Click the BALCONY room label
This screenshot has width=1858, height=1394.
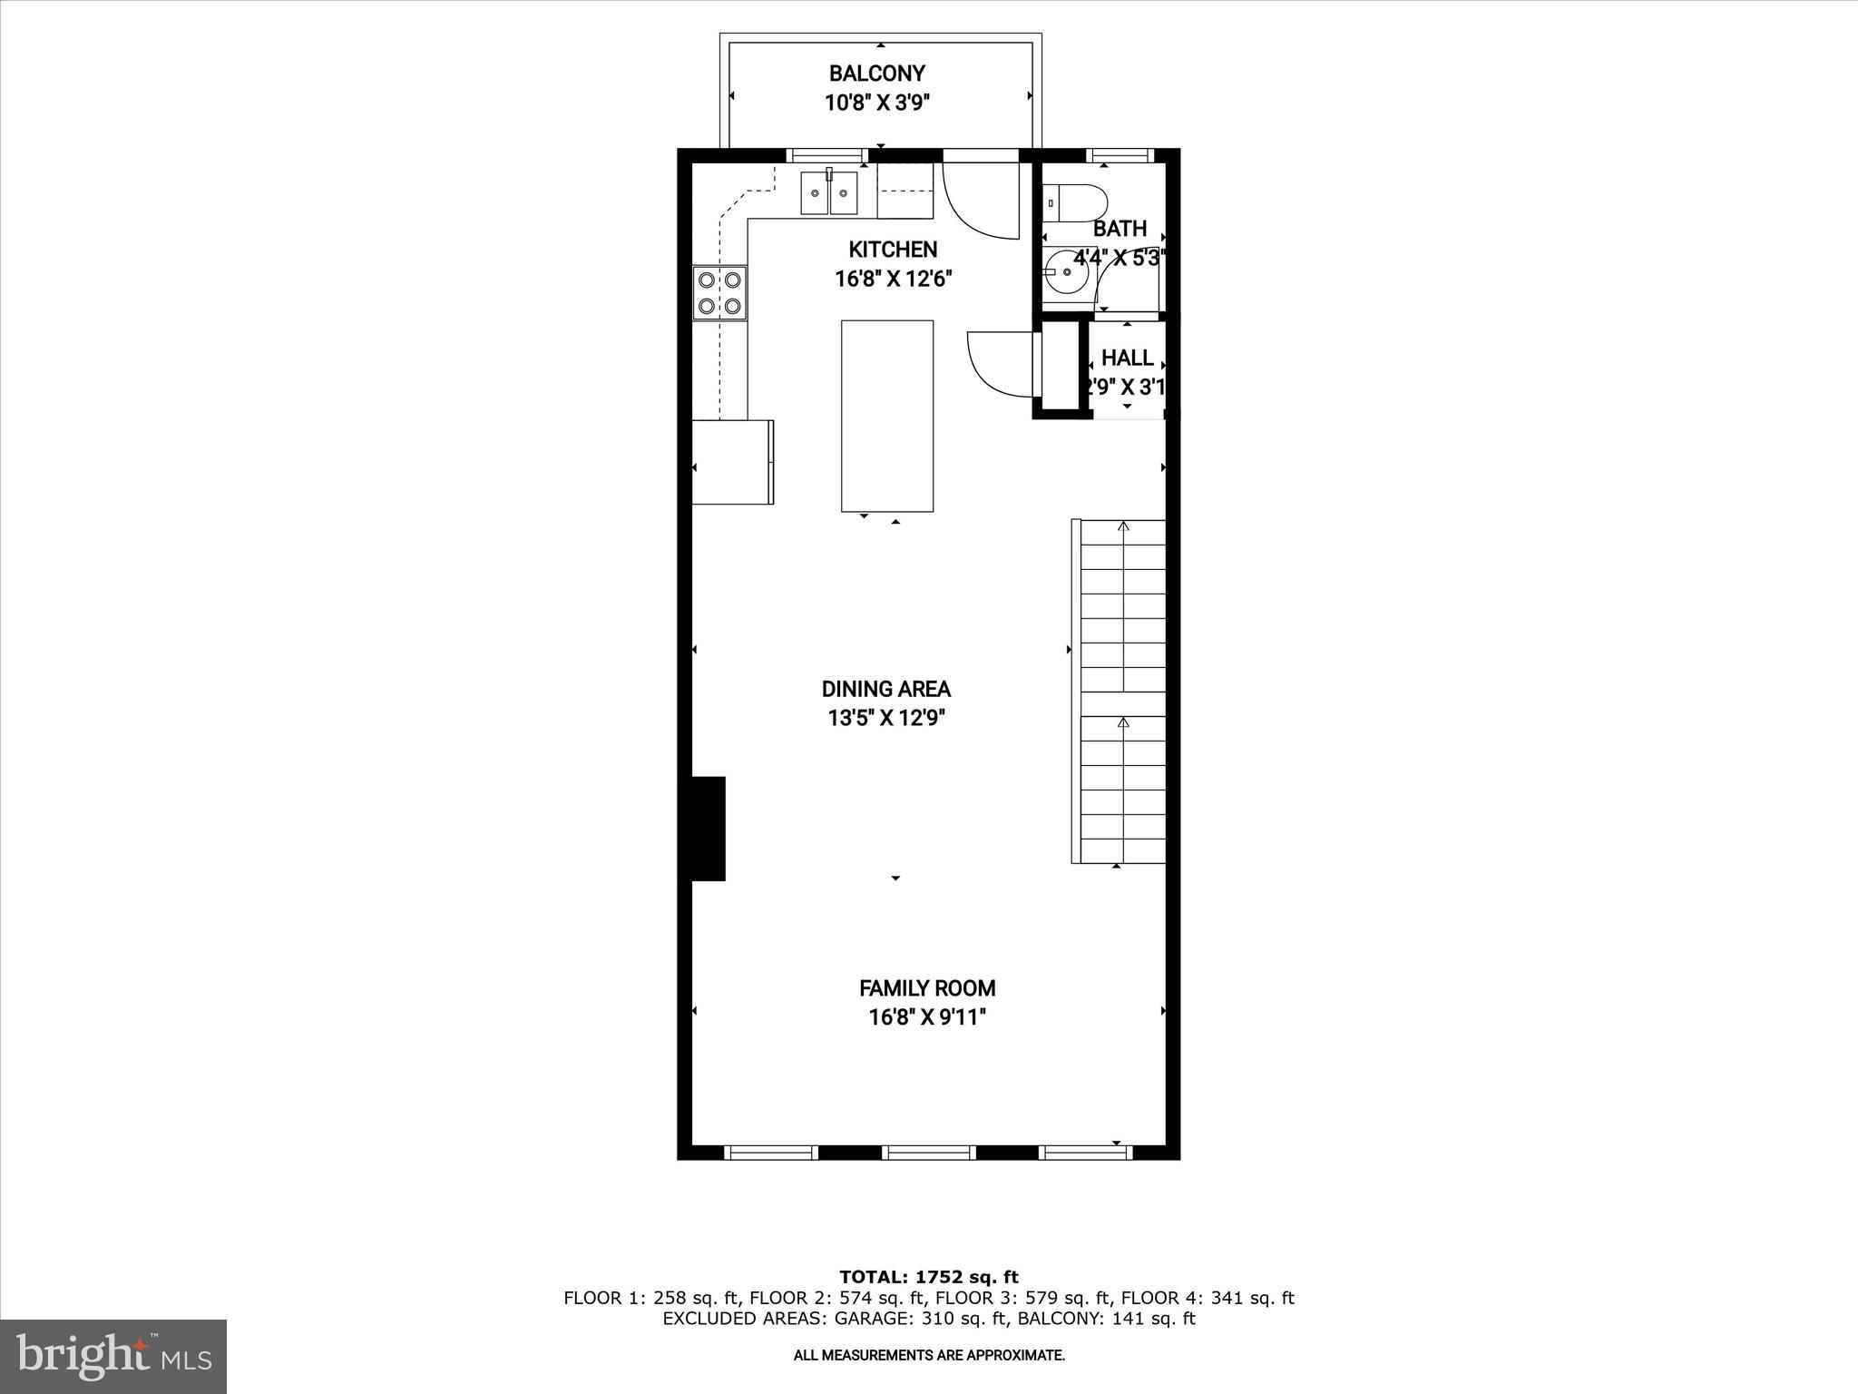coord(876,73)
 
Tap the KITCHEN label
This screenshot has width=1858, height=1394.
coord(893,250)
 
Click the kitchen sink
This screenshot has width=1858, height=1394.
coord(829,193)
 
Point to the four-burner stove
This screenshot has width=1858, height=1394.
coord(719,292)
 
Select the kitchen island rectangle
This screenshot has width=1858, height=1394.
coord(886,416)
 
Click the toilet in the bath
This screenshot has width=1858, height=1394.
coord(1075,202)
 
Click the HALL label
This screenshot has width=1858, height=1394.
coord(1127,358)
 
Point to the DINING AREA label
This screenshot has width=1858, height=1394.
coord(885,689)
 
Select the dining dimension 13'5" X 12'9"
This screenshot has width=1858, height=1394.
coord(885,719)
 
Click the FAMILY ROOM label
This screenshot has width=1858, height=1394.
coord(927,987)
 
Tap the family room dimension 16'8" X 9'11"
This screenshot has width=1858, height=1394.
coord(927,1017)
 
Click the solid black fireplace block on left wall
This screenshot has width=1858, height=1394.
coord(709,828)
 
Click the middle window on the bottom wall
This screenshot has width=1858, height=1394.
coord(928,1153)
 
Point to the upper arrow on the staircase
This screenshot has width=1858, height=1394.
coord(1123,526)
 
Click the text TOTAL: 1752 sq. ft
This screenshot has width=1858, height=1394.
coord(928,1277)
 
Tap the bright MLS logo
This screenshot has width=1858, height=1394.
coord(112,1356)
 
